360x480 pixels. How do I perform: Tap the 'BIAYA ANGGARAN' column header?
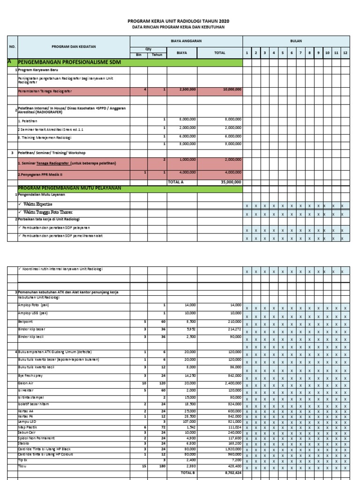[x=186, y=41]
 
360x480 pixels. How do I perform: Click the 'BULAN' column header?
[x=296, y=41]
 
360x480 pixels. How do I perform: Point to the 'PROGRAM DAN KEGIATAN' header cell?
[x=74, y=47]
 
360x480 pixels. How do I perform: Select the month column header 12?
[x=345, y=53]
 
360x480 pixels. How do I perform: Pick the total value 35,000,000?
[x=231, y=182]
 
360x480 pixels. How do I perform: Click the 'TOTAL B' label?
[x=187, y=473]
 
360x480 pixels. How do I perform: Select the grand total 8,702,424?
[x=231, y=473]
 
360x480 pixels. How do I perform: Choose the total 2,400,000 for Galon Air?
[x=232, y=383]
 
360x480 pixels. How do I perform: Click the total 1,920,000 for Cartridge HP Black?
[x=232, y=449]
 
